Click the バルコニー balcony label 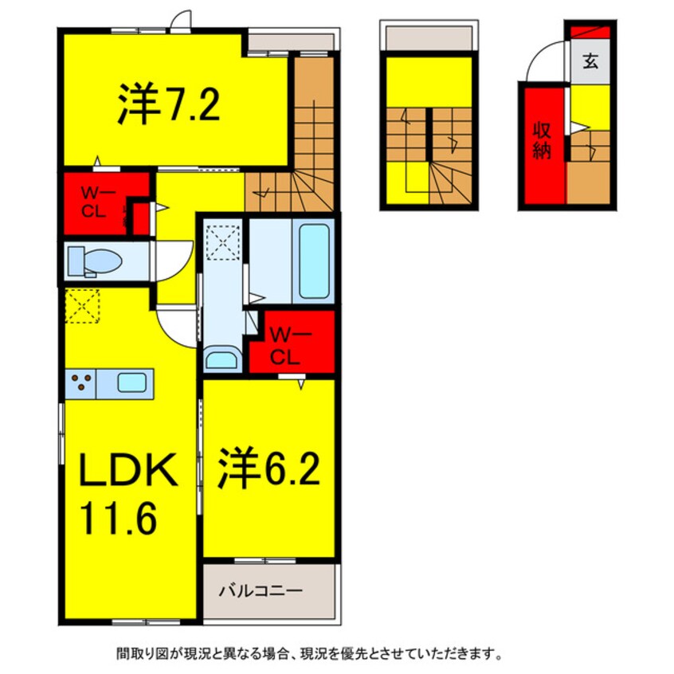point(260,591)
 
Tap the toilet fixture point(94,261)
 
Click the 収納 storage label point(543,142)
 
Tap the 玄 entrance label point(590,62)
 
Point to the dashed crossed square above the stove point(80,306)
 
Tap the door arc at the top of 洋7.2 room point(182,19)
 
